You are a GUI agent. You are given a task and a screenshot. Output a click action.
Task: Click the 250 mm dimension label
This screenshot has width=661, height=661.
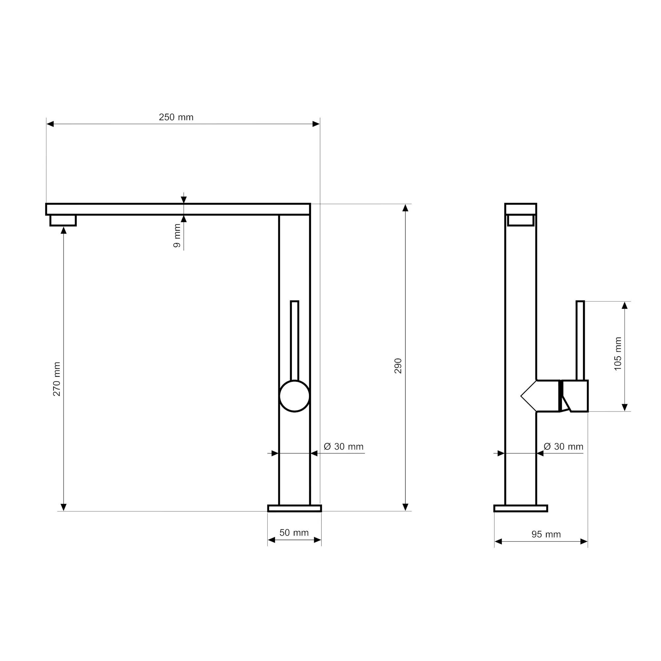[x=176, y=117]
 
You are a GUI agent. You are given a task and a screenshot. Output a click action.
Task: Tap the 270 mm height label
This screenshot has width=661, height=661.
[x=57, y=379]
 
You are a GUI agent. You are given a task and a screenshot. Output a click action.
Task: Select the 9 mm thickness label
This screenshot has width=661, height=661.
[x=177, y=236]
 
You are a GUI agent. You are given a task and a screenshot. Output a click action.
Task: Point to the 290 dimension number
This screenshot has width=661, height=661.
[x=398, y=366]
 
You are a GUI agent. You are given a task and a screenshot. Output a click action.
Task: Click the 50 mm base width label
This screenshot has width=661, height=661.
[x=294, y=533]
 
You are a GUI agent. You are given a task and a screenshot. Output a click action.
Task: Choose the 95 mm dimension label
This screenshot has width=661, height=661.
[x=546, y=534]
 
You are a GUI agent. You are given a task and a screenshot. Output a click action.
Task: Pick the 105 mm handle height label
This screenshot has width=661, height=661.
[x=618, y=354]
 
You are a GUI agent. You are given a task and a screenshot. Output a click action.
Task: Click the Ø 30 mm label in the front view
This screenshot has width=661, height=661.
[x=343, y=447]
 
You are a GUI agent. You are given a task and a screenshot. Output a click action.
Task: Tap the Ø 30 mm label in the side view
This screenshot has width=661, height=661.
[x=564, y=447]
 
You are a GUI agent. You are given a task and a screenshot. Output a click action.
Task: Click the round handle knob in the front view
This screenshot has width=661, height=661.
[x=294, y=396]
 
